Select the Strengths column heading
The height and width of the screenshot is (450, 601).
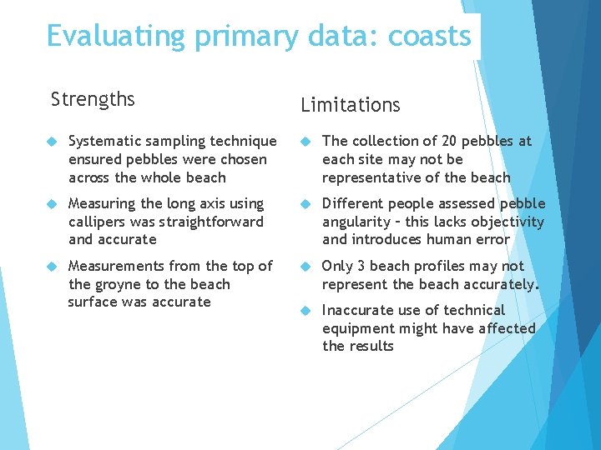pos(93,100)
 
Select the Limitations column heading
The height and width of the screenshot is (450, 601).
pos(351,105)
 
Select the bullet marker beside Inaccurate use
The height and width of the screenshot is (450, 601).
pos(306,311)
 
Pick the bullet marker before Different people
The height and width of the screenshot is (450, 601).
pos(306,204)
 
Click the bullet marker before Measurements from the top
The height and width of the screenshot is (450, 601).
pos(51,267)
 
